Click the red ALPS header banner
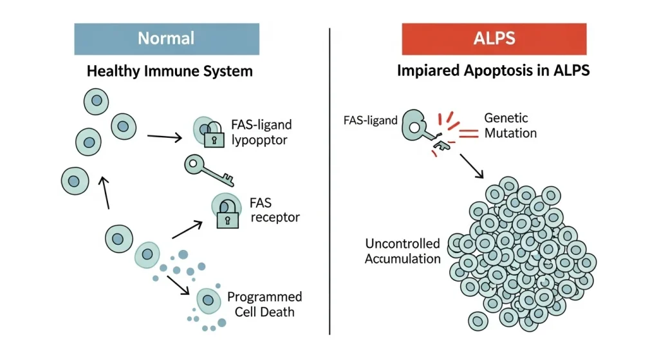(x=494, y=39)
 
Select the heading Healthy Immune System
(x=169, y=71)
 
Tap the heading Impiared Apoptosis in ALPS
(x=494, y=71)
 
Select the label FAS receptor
(x=274, y=211)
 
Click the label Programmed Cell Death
(x=265, y=304)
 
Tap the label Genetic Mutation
(x=510, y=126)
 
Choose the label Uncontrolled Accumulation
(x=403, y=251)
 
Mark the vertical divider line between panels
(x=329, y=180)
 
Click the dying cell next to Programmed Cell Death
(x=208, y=299)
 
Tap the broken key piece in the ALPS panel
(x=443, y=146)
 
